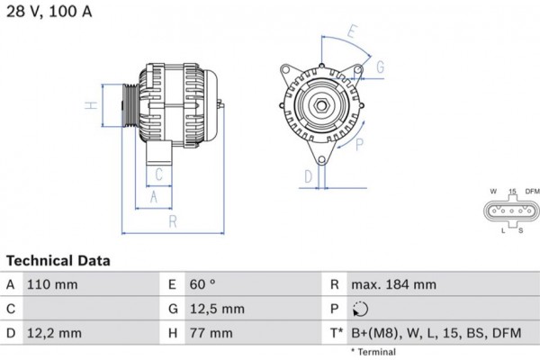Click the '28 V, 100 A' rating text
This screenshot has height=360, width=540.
[49, 11]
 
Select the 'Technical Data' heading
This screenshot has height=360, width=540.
[58, 261]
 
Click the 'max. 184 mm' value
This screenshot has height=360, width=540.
[394, 284]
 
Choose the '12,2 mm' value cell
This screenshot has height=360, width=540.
[56, 333]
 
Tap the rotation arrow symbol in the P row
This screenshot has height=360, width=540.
[362, 309]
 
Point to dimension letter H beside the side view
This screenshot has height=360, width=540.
[90, 106]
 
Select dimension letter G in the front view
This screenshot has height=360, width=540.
[380, 67]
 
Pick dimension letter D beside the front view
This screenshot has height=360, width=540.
[308, 175]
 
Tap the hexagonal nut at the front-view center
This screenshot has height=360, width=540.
[319, 106]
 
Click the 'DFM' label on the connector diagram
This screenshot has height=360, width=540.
[532, 192]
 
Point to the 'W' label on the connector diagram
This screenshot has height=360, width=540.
[493, 192]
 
